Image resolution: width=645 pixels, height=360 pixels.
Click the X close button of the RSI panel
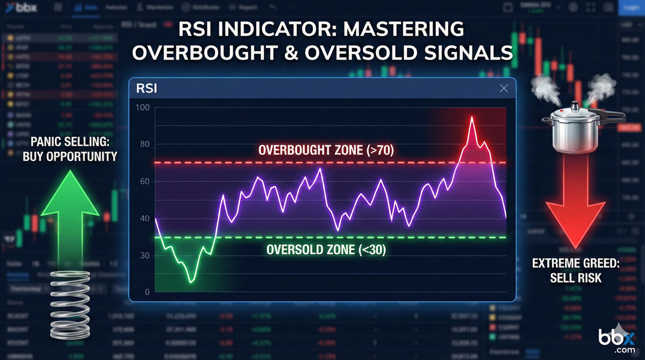click(x=503, y=89)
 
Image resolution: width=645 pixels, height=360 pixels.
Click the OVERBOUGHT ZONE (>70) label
click(x=326, y=150)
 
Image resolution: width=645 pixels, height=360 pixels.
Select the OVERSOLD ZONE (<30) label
click(x=326, y=249)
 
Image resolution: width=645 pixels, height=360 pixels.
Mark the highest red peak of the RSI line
click(x=472, y=117)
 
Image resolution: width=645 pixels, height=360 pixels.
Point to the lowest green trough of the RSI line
click(x=191, y=281)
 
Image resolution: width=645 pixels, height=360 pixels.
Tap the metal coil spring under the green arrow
click(x=70, y=304)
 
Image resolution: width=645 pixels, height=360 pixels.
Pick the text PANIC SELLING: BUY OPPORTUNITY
click(x=74, y=150)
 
